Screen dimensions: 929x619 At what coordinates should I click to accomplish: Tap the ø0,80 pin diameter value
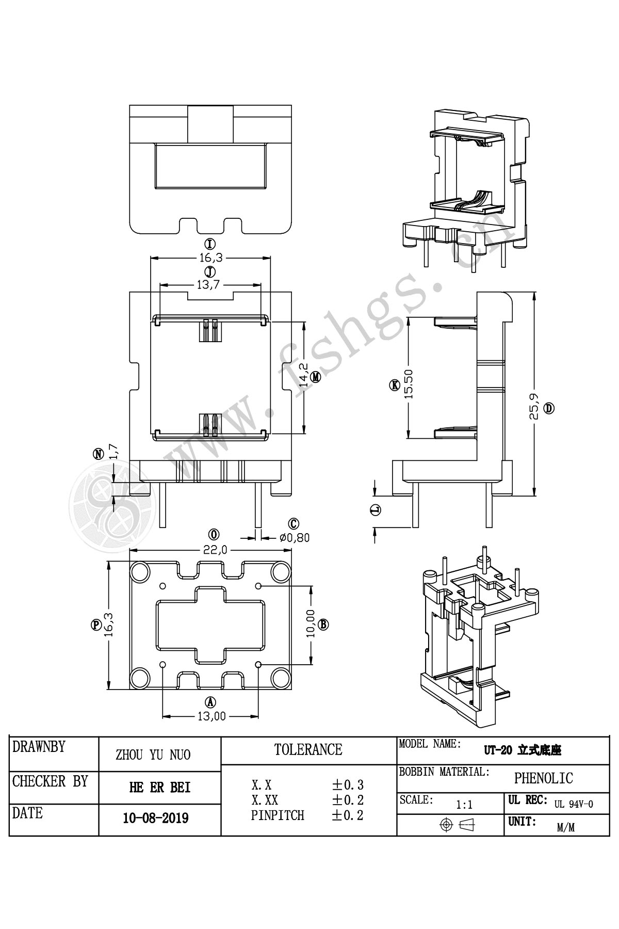295,537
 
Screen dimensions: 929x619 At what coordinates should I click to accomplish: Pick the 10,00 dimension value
311,624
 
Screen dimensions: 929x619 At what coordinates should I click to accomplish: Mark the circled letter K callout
395,385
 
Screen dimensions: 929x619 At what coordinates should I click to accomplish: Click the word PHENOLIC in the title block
544,778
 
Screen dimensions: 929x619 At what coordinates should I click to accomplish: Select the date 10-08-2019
156,818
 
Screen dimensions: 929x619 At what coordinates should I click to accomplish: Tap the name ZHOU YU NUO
153,755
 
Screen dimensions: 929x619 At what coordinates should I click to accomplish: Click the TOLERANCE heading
308,749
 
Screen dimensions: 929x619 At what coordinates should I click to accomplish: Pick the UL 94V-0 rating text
574,804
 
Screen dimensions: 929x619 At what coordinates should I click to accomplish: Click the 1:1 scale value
465,804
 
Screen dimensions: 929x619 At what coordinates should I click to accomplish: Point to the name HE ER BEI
159,788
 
